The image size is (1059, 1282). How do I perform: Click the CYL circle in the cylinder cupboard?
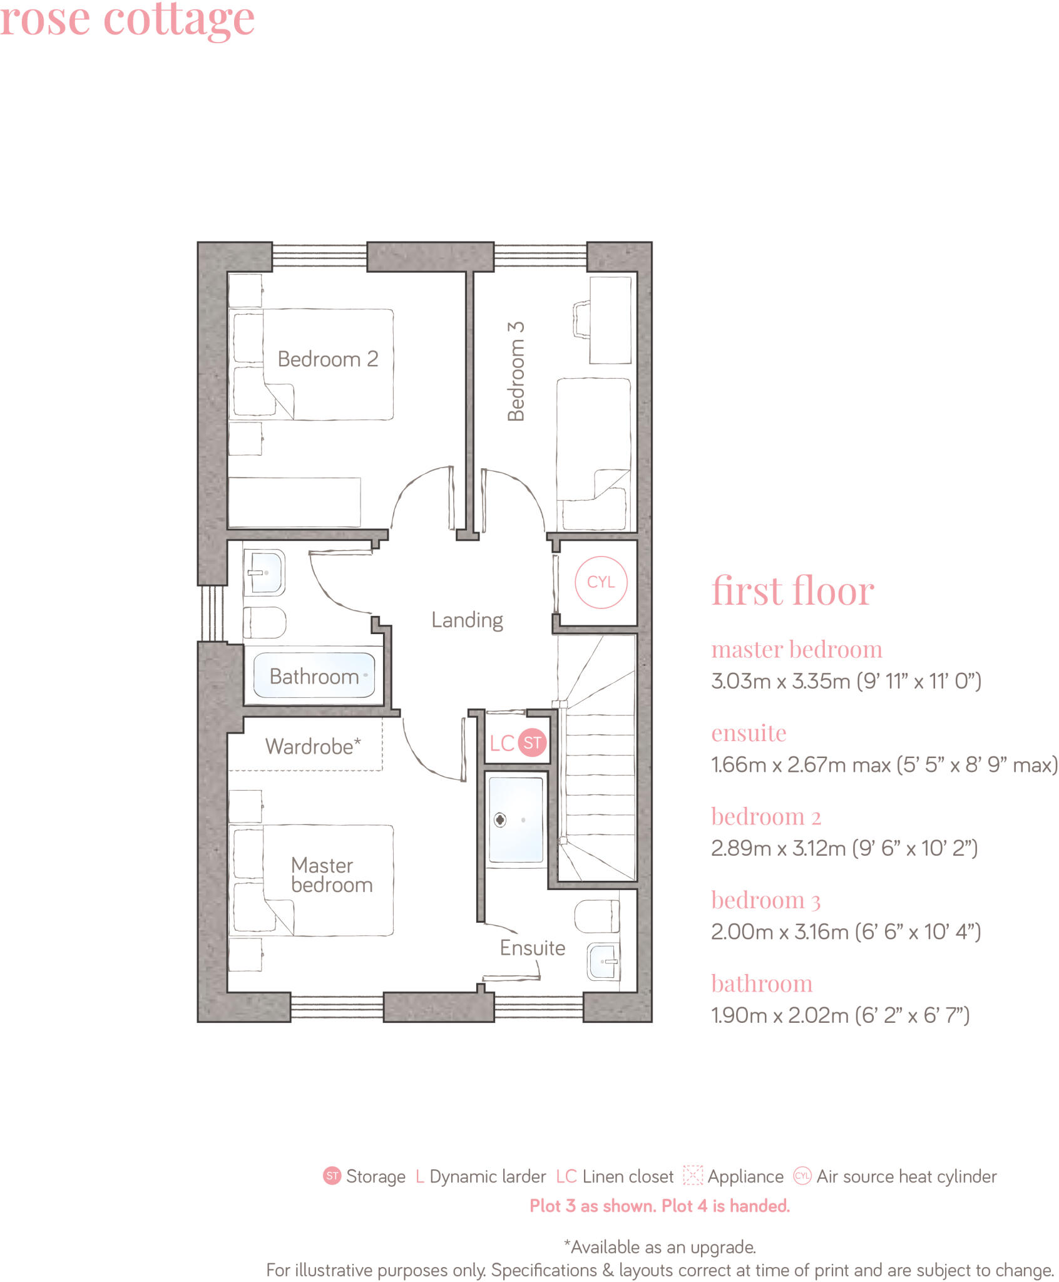tap(600, 582)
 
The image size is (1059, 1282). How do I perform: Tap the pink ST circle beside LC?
tap(531, 743)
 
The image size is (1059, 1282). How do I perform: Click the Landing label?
tap(467, 620)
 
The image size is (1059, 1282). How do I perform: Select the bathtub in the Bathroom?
tap(314, 676)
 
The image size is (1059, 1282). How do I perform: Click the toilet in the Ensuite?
tap(596, 916)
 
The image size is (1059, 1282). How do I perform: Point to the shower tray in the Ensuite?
tap(516, 819)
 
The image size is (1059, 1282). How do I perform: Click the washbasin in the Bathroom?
tap(264, 572)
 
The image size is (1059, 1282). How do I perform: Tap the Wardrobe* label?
tap(312, 746)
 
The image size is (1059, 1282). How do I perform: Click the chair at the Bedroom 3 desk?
tap(581, 319)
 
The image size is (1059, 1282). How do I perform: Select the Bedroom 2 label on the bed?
tap(327, 359)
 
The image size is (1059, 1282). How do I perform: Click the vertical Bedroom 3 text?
tap(516, 371)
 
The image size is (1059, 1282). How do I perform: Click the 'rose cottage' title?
tap(127, 19)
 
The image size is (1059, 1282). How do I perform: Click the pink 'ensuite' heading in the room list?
tap(749, 732)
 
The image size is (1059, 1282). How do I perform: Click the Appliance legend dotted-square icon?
tap(692, 1175)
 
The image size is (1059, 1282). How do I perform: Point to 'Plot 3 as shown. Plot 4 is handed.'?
tap(660, 1206)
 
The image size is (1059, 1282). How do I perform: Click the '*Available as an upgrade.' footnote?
tap(660, 1246)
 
